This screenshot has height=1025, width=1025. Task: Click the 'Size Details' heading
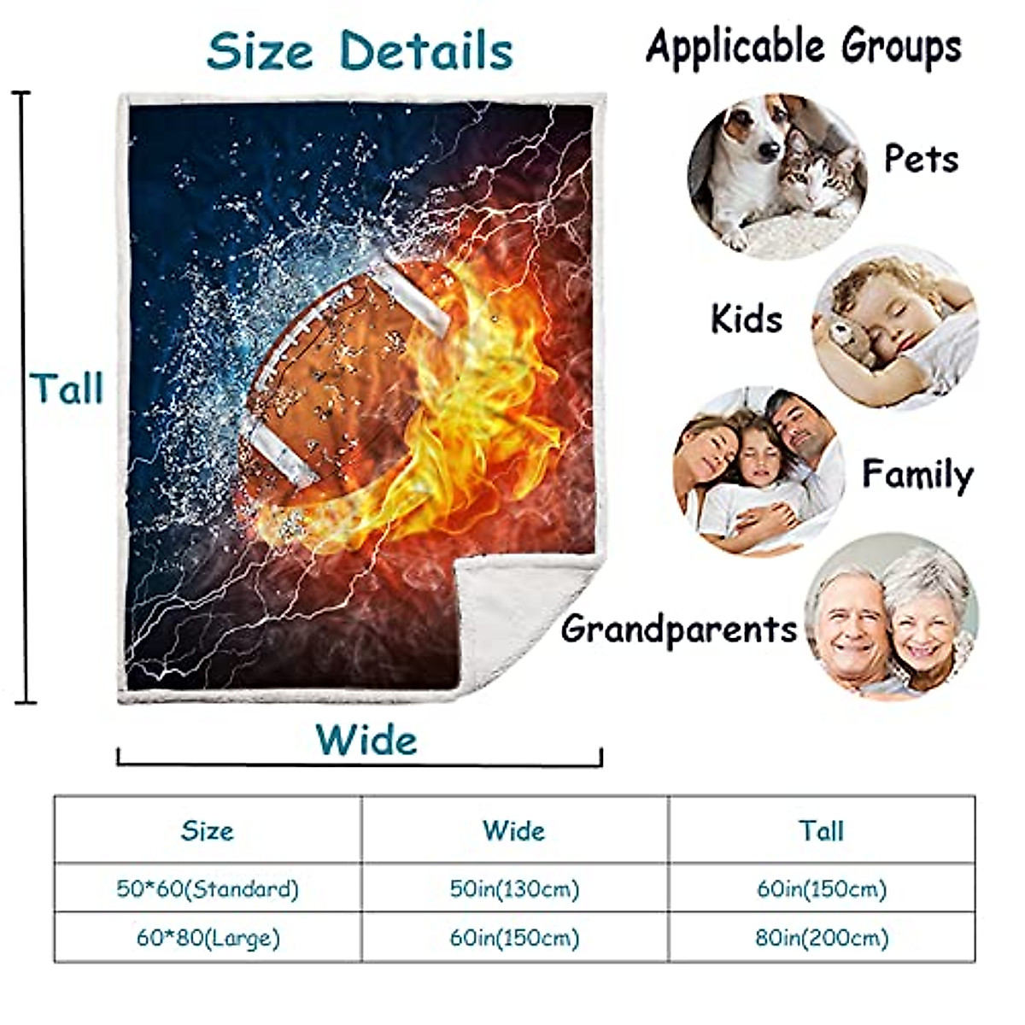[360, 51]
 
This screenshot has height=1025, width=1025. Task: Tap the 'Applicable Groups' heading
[804, 47]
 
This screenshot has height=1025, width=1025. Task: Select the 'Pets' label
[922, 159]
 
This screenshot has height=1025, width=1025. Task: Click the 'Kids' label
[747, 319]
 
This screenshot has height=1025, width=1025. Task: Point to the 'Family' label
[917, 475]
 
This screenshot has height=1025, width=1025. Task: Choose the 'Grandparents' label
[679, 629]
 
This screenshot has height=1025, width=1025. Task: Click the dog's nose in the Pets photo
[768, 150]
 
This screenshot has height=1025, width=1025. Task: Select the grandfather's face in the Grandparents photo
[852, 634]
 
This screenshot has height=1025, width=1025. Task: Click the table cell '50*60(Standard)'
[208, 889]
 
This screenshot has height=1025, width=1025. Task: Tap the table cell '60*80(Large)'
[208, 938]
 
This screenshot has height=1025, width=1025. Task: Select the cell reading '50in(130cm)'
[514, 889]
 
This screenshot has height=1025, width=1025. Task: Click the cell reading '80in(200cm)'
[822, 938]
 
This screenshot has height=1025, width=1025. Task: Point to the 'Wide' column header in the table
[514, 830]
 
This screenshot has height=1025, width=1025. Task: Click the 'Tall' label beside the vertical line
[67, 389]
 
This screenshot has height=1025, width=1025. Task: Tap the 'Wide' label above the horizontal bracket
[366, 740]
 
